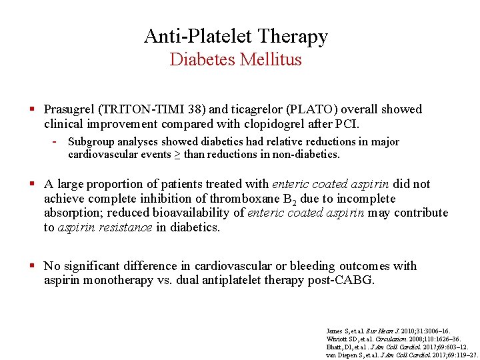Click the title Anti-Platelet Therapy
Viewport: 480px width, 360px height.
pos(236,36)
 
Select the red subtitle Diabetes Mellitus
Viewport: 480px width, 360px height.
pos(236,59)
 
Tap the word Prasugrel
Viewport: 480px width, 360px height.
pos(69,109)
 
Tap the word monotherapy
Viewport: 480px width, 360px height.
pos(117,281)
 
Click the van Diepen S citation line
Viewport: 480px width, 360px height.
pos(401,355)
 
